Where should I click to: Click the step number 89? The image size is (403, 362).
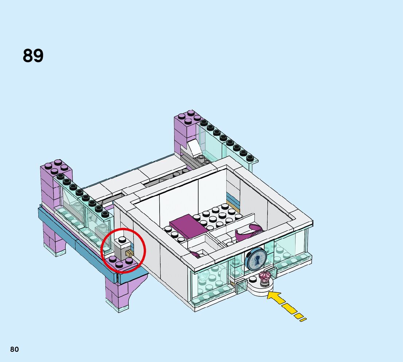(x=33, y=56)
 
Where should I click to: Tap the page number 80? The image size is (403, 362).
(x=14, y=349)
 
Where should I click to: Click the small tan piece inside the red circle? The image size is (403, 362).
(x=129, y=253)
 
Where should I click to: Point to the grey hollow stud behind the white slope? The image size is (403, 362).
(x=201, y=158)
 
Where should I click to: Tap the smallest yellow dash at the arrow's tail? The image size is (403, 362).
(x=303, y=320)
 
